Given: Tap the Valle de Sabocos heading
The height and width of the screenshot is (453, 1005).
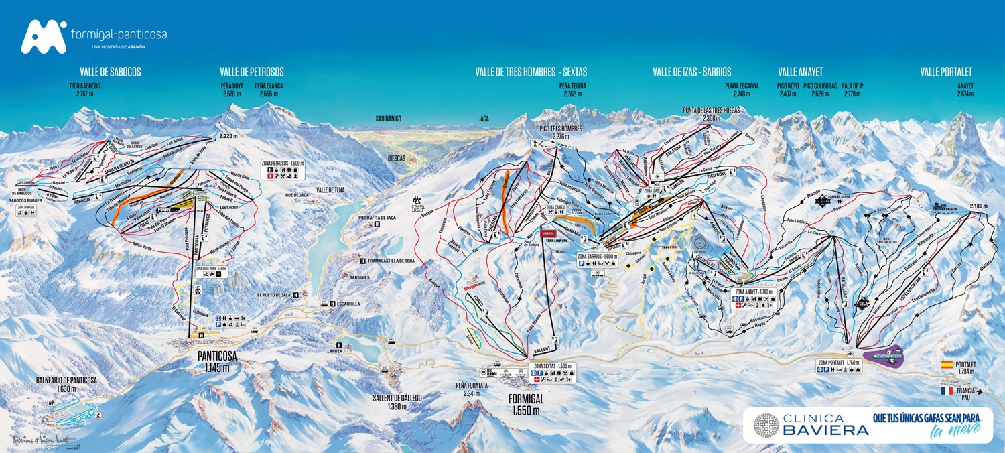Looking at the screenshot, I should pyautogui.click(x=110, y=72).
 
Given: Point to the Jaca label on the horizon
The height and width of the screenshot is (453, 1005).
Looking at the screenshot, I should pyautogui.click(x=483, y=118).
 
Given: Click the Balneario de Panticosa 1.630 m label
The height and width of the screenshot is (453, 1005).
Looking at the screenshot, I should pyautogui.click(x=66, y=384).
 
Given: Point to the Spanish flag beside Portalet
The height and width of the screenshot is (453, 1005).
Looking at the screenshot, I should pyautogui.click(x=947, y=365).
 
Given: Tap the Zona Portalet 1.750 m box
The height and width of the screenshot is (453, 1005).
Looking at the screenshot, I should pyautogui.click(x=838, y=366).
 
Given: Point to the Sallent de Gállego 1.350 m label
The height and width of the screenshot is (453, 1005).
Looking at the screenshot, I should pyautogui.click(x=397, y=402).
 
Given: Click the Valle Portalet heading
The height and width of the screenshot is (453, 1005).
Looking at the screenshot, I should pyautogui.click(x=945, y=72).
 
